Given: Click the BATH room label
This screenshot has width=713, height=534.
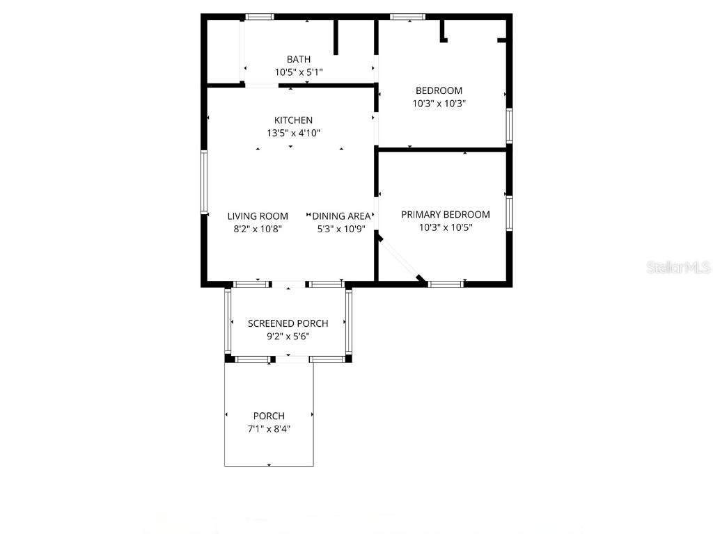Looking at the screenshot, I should pos(299,59).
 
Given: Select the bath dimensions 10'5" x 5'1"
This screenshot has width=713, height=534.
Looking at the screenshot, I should pos(299,72).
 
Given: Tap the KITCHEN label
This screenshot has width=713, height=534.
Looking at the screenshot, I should pos(293,120).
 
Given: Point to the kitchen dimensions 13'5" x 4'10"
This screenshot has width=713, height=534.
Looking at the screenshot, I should pos(293,133).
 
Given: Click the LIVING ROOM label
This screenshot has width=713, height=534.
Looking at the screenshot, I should pos(258,216).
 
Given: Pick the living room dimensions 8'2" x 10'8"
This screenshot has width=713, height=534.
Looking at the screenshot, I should pos(258,228).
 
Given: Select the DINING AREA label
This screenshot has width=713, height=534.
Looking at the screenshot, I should pos(341,216).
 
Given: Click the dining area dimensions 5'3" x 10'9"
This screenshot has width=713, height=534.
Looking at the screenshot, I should pos(341,228).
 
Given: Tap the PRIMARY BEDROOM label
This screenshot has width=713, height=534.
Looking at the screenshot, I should pos(446,214).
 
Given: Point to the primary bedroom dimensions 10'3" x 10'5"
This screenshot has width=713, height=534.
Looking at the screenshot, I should pos(446,227).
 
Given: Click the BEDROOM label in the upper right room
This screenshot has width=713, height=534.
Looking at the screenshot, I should pos(439,90).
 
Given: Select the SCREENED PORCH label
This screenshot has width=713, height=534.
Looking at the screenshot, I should pos(288,323).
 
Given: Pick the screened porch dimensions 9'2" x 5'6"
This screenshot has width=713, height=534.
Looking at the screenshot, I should pos(288,336).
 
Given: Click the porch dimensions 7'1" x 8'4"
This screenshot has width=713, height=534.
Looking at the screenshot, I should pos(269,428).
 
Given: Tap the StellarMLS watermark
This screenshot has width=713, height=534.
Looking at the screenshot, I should pos(678,267).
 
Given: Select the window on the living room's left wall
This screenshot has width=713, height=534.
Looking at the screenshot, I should pos(204,182).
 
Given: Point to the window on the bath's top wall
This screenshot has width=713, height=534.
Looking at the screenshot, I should pos(260,17).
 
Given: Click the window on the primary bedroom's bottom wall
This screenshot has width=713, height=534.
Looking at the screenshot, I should pos(446,284).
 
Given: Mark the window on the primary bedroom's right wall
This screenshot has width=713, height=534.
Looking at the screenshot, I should pos(510,213).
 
